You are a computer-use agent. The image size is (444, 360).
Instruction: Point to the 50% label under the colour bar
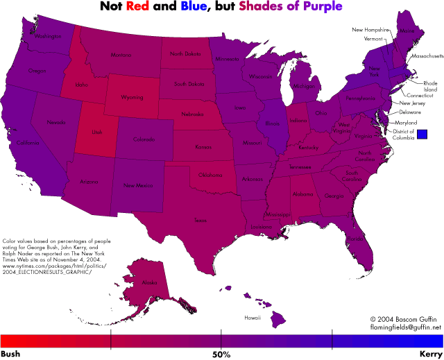tap(221, 354)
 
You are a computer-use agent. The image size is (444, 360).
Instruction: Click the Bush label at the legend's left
tap(10, 354)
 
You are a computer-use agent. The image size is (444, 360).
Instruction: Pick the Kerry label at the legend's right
tap(431, 354)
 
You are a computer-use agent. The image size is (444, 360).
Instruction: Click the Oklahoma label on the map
tap(212, 175)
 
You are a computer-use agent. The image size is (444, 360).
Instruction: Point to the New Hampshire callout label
tap(371, 30)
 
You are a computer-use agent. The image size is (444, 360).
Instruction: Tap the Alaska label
tap(149, 282)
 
